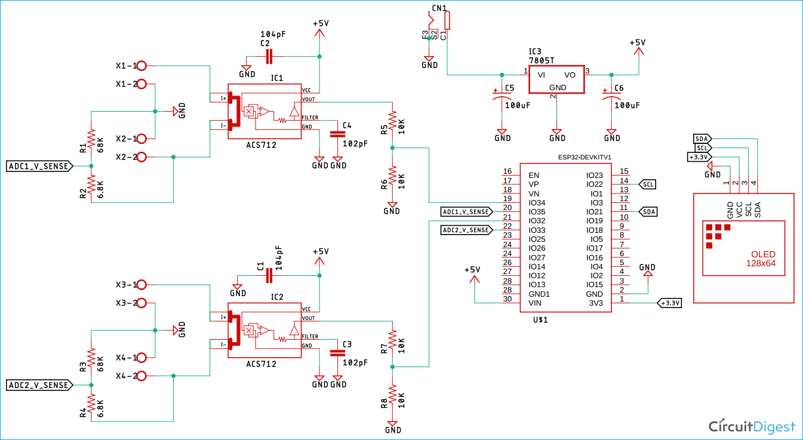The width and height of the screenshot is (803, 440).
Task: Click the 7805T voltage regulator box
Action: pyautogui.click(x=556, y=79)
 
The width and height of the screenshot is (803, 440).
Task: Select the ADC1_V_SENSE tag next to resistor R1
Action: pyautogui.click(x=39, y=166)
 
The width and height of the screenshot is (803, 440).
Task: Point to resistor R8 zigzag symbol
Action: pyautogui.click(x=392, y=397)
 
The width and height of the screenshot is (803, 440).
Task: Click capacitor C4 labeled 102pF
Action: pyautogui.click(x=338, y=134)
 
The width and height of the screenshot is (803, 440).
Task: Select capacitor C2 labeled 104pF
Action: pyautogui.click(x=269, y=57)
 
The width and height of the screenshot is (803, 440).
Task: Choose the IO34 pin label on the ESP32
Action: pyautogui.click(x=537, y=203)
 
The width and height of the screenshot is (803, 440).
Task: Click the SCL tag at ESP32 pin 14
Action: pyautogui.click(x=648, y=184)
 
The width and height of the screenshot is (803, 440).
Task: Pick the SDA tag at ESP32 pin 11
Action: pyautogui.click(x=648, y=212)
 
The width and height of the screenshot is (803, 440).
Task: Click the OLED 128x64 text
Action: pyautogui.click(x=764, y=259)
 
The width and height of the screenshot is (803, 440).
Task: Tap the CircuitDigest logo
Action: pyautogui.click(x=752, y=426)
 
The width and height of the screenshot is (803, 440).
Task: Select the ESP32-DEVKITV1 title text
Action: pyautogui.click(x=586, y=157)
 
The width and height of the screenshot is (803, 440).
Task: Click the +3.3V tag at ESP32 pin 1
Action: pyautogui.click(x=669, y=303)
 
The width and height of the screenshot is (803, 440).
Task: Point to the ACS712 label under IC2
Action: pyautogui.click(x=261, y=364)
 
